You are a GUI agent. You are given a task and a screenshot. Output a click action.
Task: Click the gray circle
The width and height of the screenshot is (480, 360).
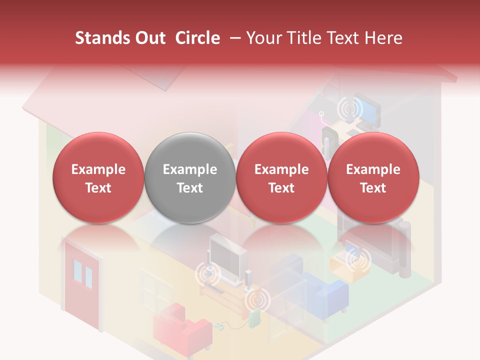point(189,177)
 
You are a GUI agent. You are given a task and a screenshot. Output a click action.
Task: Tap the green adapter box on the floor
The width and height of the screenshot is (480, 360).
point(254,319)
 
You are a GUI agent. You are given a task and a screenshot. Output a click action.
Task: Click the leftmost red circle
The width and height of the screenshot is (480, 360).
point(98,177)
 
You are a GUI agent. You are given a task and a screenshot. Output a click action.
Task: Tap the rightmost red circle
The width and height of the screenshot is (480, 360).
point(373,177)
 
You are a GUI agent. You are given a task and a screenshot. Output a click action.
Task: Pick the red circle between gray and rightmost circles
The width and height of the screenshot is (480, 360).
point(281,177)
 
